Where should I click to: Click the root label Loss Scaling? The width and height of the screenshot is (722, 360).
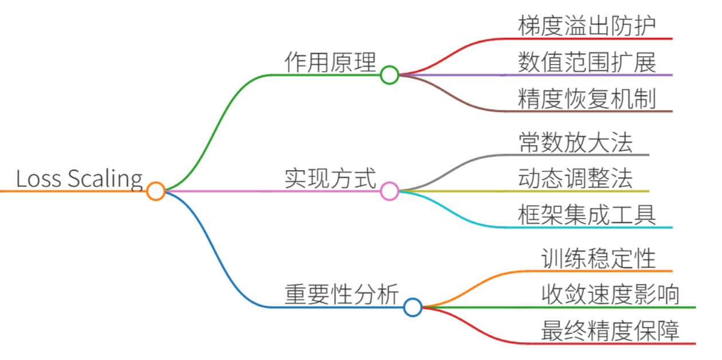pos(79,179)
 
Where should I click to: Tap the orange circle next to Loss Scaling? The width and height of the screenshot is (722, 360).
pos(156,183)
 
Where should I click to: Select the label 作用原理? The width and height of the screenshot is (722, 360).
pos(331,62)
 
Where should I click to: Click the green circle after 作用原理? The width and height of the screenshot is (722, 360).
pos(390,66)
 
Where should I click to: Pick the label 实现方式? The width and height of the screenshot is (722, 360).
pos(331,178)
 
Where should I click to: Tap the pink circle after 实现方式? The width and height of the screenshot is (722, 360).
pos(390,183)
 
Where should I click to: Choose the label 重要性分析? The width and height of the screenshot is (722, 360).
pos(342,295)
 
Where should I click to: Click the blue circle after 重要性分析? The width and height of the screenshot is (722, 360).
pos(413,299)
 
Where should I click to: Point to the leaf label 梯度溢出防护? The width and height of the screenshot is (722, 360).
pos(587,26)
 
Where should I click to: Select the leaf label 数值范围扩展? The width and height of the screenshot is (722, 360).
pos(587,62)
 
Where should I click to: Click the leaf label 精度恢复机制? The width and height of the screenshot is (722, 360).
pos(587,99)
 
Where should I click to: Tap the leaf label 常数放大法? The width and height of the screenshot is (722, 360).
pos(575,142)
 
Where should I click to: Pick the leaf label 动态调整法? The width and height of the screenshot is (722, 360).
pos(575,178)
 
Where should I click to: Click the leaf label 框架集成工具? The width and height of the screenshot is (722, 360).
pos(587,215)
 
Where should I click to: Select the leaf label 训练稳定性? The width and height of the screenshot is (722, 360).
pos(599,259)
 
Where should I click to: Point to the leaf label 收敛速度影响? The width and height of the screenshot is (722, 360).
pos(610,295)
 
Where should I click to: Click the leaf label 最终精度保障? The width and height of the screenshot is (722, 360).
pos(610,331)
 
